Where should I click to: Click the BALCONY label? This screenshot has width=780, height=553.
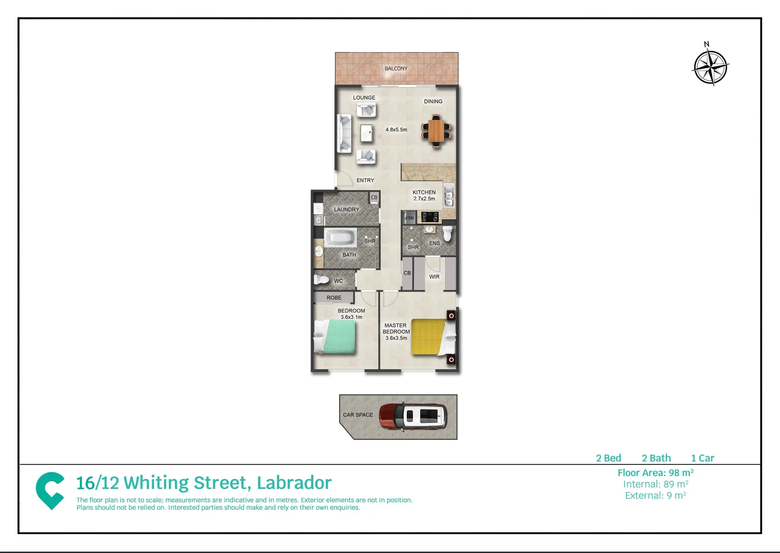[396, 69]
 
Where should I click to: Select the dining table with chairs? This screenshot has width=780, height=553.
[436, 131]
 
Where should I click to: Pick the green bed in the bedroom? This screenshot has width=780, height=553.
[336, 336]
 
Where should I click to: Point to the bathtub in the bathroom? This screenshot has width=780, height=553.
[341, 238]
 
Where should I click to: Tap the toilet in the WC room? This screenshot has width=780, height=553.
[322, 280]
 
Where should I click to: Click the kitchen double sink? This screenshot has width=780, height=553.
[449, 195]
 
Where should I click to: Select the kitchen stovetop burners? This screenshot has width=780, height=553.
[429, 217]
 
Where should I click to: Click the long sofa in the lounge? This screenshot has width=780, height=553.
[344, 133]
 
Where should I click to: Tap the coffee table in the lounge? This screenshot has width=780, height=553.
[367, 133]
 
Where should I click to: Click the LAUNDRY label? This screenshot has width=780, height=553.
[346, 209]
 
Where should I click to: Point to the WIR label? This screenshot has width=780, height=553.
[434, 277]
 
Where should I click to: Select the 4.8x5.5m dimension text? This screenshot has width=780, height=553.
[396, 130]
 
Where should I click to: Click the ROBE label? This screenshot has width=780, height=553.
[334, 297]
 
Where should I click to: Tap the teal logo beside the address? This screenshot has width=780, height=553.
[50, 491]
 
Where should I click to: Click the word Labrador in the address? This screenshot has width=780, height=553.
[294, 483]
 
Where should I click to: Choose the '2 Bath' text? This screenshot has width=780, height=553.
[656, 458]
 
